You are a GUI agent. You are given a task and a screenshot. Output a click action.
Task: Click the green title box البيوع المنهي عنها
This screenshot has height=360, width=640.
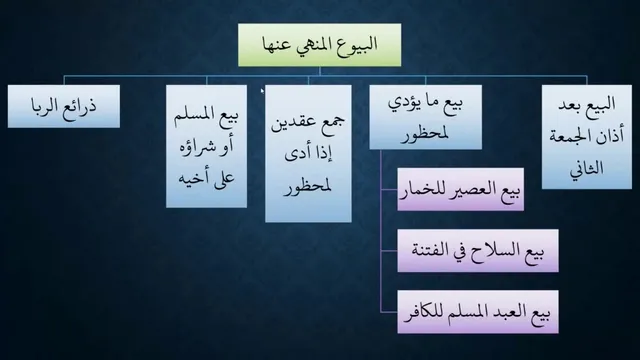pos(320,45)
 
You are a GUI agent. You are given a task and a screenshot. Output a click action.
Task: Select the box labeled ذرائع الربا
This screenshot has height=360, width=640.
pos(64,106)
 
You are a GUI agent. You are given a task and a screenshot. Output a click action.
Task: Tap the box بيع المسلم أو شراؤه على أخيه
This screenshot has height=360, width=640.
pos(207,146)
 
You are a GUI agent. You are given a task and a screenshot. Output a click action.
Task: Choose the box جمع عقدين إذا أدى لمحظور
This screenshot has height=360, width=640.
pos(308,153)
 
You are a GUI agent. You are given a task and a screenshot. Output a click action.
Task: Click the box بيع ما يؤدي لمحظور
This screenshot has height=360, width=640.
pos(425,117)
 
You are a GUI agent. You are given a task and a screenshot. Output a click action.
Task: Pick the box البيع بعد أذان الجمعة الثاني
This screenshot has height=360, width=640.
pos(587,137)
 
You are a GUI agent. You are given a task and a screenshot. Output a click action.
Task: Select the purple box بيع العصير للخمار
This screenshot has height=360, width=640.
pos(460,189)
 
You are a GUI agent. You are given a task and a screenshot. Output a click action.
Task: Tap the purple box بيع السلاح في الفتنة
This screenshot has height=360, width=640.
pos(478,251)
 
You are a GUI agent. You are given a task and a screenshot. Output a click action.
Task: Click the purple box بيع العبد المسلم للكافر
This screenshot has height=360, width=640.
pos(478,312)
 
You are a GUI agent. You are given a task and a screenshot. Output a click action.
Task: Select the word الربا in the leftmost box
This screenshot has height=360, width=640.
pos(48,106)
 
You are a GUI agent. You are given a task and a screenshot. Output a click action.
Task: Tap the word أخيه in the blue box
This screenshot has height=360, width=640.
pos(191,178)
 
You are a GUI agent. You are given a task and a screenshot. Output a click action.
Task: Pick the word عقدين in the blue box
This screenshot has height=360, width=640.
pos(292,122)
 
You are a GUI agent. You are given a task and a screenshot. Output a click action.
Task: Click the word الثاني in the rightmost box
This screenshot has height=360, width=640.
pos(587,168)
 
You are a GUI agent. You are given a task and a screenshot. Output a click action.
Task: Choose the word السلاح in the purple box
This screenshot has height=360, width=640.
pos(494,250)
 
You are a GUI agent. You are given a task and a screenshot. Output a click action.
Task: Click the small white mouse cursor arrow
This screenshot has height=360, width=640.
pos(262,91)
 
